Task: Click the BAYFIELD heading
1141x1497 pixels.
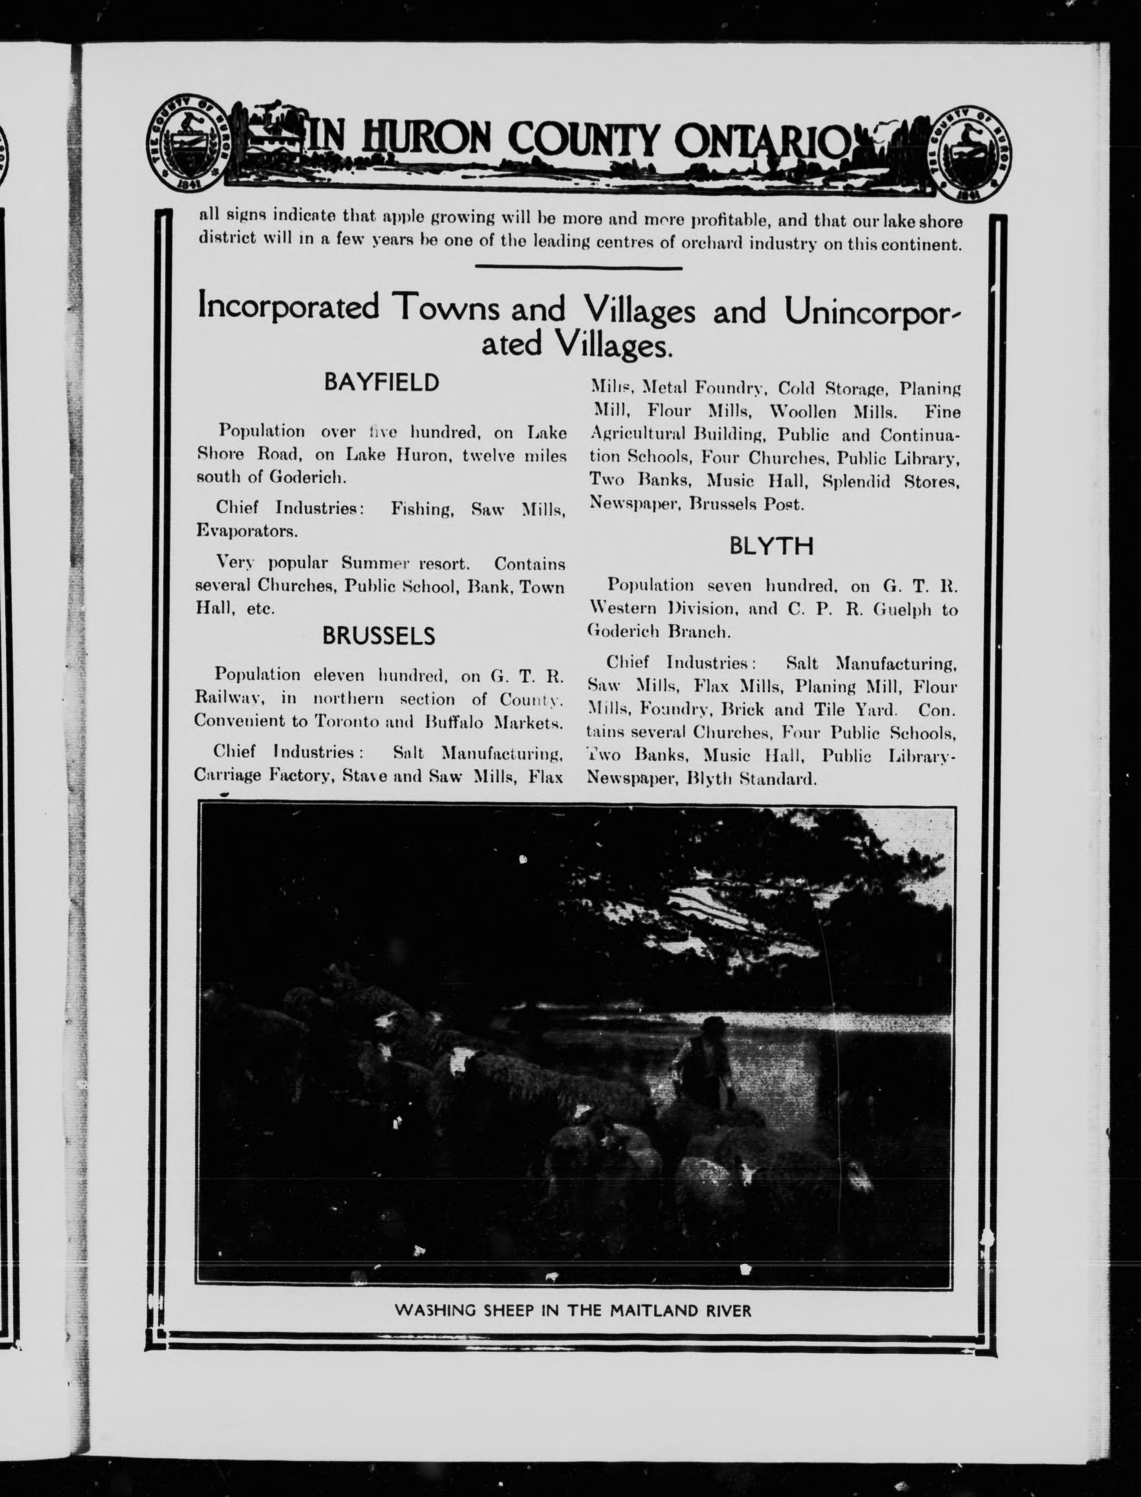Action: [381, 383]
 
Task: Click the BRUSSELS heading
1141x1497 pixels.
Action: [378, 636]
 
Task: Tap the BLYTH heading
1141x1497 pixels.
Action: [771, 547]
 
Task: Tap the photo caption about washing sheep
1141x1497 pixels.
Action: [573, 1310]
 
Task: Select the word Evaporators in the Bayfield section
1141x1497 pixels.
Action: [245, 531]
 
